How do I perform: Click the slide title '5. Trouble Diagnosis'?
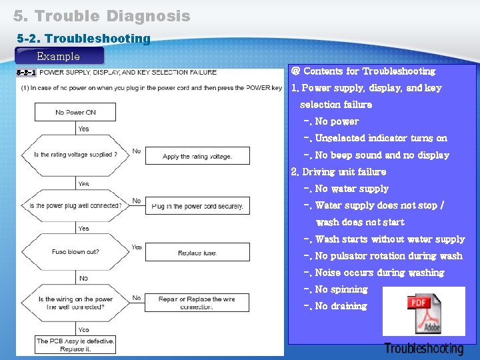click(x=101, y=16)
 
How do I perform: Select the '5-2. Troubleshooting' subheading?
click(x=83, y=39)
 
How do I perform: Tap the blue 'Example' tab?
click(x=59, y=57)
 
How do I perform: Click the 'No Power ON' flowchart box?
click(x=75, y=112)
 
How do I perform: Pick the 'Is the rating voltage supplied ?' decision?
click(x=75, y=155)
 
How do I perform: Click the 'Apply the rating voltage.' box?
click(x=197, y=156)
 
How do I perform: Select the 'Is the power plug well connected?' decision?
click(x=75, y=205)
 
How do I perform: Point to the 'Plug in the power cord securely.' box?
click(x=197, y=206)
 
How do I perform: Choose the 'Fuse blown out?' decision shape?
click(x=75, y=252)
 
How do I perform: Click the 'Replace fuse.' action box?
click(x=197, y=253)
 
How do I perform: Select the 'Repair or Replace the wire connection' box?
click(x=197, y=303)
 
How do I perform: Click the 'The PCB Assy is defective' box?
click(x=75, y=345)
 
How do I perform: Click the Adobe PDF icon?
click(x=424, y=312)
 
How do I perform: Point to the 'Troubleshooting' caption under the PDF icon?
click(x=423, y=349)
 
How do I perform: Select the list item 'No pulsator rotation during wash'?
click(x=388, y=256)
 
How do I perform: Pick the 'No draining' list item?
click(x=340, y=306)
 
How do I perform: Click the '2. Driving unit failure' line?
click(x=339, y=172)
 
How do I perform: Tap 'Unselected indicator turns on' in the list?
click(x=380, y=139)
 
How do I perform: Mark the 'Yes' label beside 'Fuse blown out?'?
click(x=137, y=247)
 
